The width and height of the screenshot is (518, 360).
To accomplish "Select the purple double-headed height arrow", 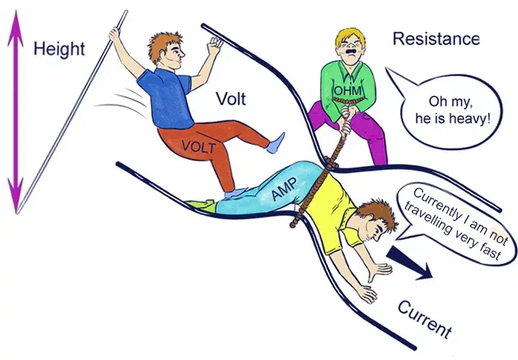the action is (x=16, y=112).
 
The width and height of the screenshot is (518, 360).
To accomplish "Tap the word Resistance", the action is (x=436, y=39).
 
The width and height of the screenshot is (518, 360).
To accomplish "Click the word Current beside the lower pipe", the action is (x=425, y=320).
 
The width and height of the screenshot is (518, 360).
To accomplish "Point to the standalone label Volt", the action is (x=231, y=99).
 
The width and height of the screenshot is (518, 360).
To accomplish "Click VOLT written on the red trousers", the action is (x=199, y=146).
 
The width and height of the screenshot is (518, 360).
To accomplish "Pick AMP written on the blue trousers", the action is (x=284, y=189).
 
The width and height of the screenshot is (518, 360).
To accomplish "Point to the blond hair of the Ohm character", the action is (x=350, y=37).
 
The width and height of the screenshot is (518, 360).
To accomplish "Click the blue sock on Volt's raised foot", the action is (x=276, y=143).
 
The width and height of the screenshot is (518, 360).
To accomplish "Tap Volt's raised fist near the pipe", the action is (x=214, y=45).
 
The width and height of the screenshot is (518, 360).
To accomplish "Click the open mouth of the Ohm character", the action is (x=350, y=53).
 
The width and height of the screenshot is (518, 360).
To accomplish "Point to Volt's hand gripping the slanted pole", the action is (x=114, y=35).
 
